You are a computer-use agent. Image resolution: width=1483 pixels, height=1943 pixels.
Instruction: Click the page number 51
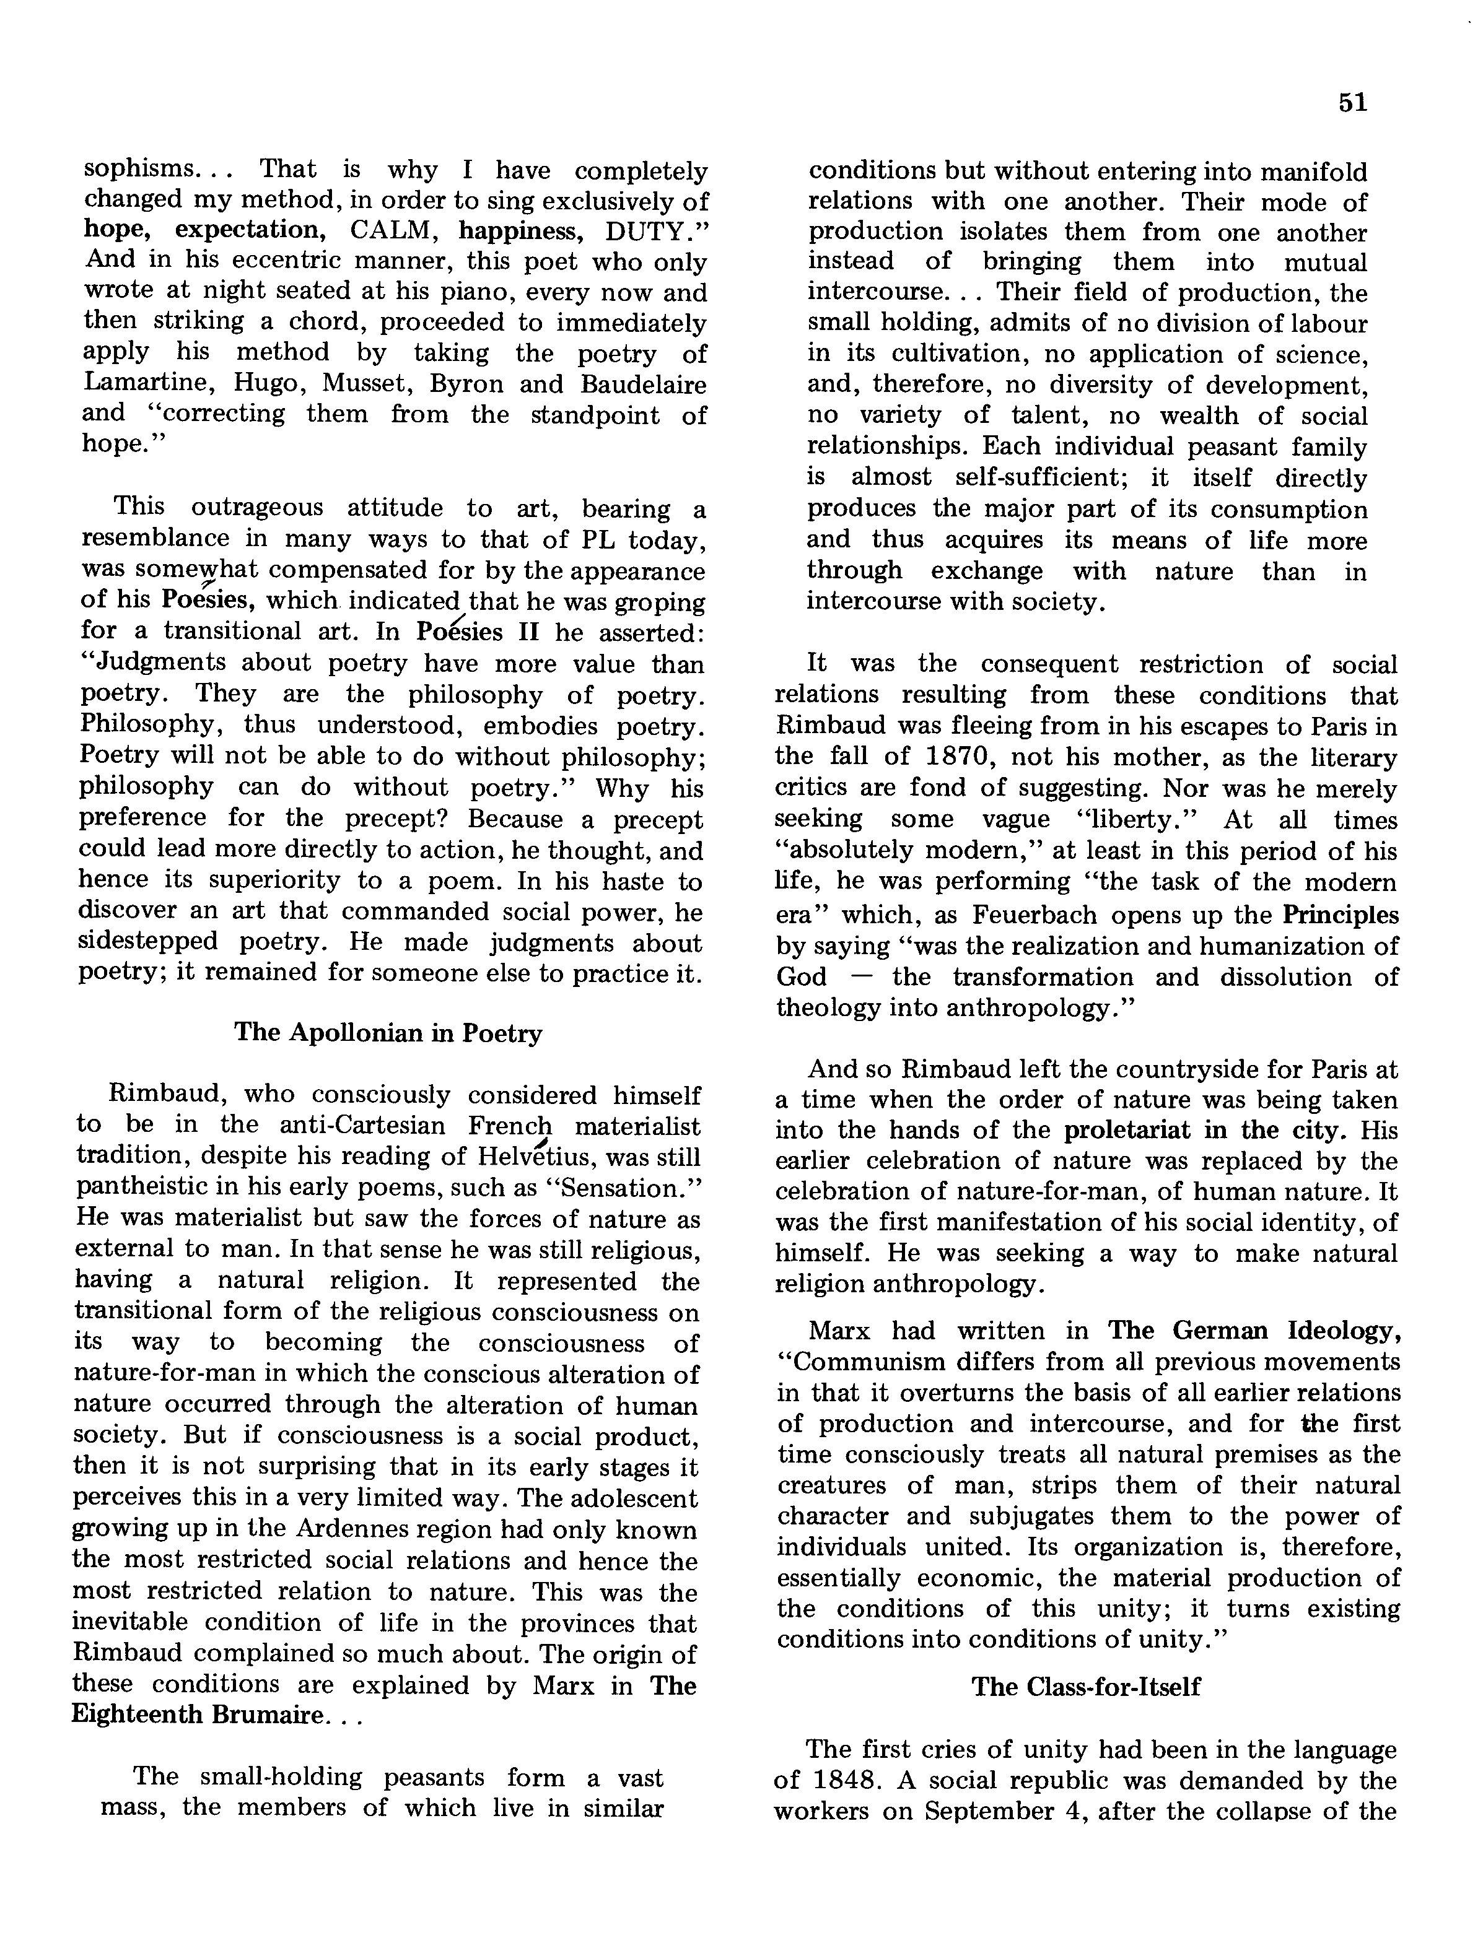coord(1352,103)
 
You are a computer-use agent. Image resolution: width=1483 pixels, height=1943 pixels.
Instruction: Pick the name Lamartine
coord(146,384)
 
